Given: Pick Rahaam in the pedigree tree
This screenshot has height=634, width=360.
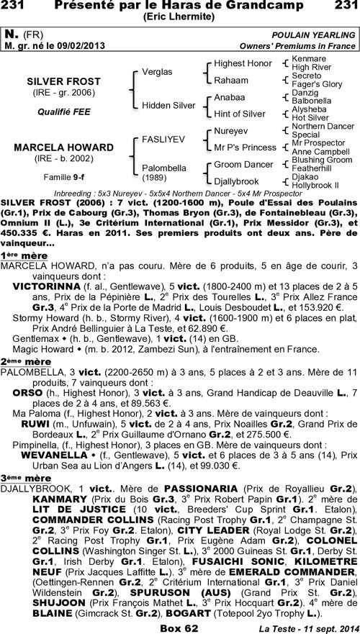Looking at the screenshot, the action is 231,80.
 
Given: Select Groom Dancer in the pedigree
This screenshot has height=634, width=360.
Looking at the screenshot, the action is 242,164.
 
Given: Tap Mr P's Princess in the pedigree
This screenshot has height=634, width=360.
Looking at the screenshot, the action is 245,147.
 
